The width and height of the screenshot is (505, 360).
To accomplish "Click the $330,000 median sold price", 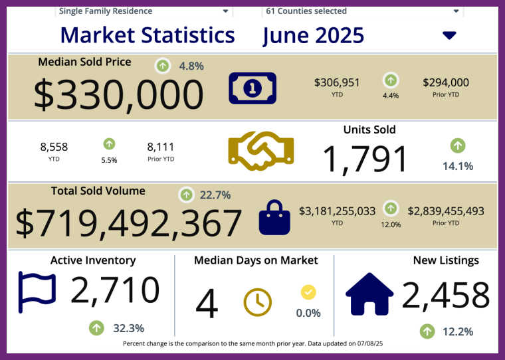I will point(118,94).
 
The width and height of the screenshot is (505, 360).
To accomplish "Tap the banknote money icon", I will point(252,88).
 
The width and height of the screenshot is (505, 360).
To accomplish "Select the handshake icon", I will point(260,151).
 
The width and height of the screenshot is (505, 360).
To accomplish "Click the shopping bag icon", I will point(274,218).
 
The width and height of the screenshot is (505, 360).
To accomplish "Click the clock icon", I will point(258,302).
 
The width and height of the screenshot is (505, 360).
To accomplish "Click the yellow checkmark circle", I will point(308,292).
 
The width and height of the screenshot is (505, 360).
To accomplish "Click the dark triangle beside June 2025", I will point(449,35).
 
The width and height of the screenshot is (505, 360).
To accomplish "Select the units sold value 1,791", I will point(365,159).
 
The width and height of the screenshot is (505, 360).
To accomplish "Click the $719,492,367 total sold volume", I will point(129,223).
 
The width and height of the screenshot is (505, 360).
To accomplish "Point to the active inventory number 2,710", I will point(115,290).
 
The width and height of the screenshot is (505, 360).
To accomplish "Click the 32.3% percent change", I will point(129,327).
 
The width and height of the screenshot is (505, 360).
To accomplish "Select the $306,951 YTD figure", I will point(337,82).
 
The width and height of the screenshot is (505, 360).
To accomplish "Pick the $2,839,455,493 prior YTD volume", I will point(446,211).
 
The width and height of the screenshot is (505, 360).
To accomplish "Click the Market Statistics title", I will point(147,35).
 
